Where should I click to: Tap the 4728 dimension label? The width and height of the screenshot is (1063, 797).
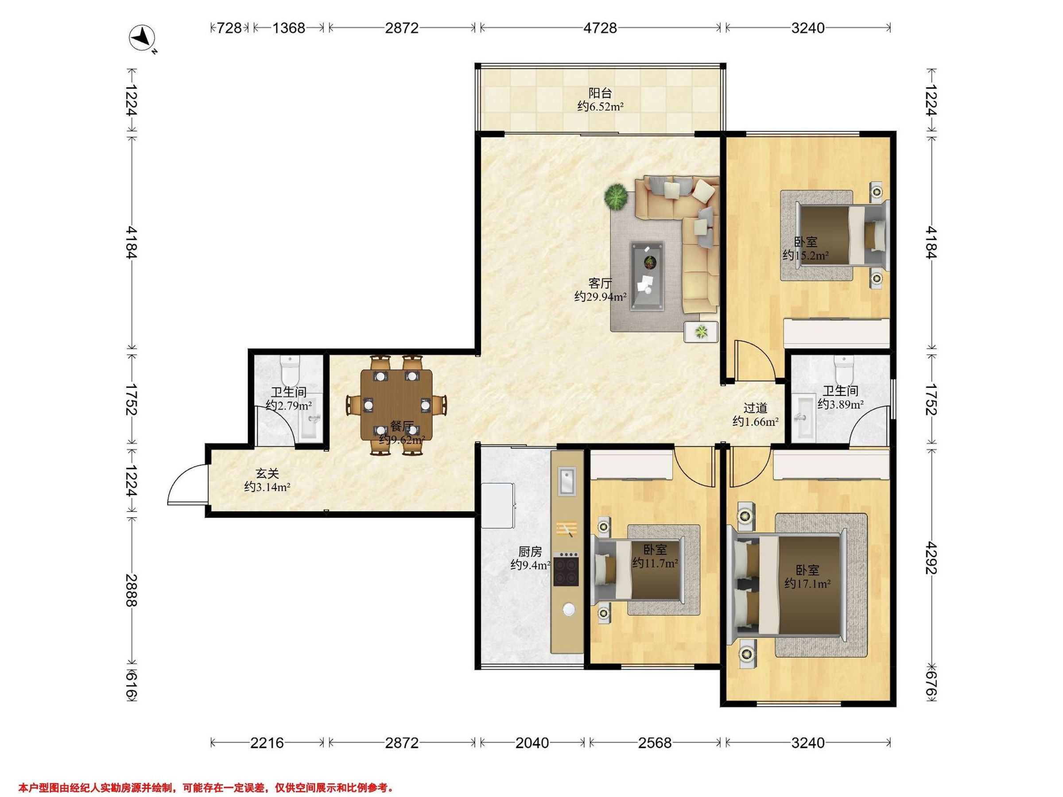[x=600, y=28]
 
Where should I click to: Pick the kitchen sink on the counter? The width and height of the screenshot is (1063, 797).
[x=567, y=480]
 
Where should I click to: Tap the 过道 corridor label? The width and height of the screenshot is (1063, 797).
[x=756, y=408]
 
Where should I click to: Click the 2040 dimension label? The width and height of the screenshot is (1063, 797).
[x=531, y=743]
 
